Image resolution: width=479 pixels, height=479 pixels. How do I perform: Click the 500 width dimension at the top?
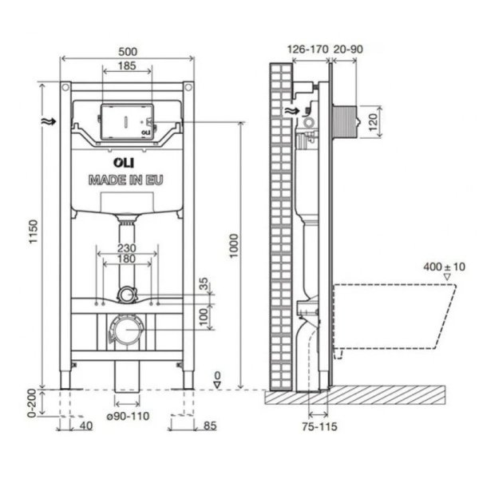point(127,50)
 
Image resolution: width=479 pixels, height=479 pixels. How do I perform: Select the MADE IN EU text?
point(127,180)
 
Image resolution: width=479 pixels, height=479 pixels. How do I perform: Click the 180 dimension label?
point(127,260)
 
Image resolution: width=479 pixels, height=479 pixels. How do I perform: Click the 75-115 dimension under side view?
point(319,427)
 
